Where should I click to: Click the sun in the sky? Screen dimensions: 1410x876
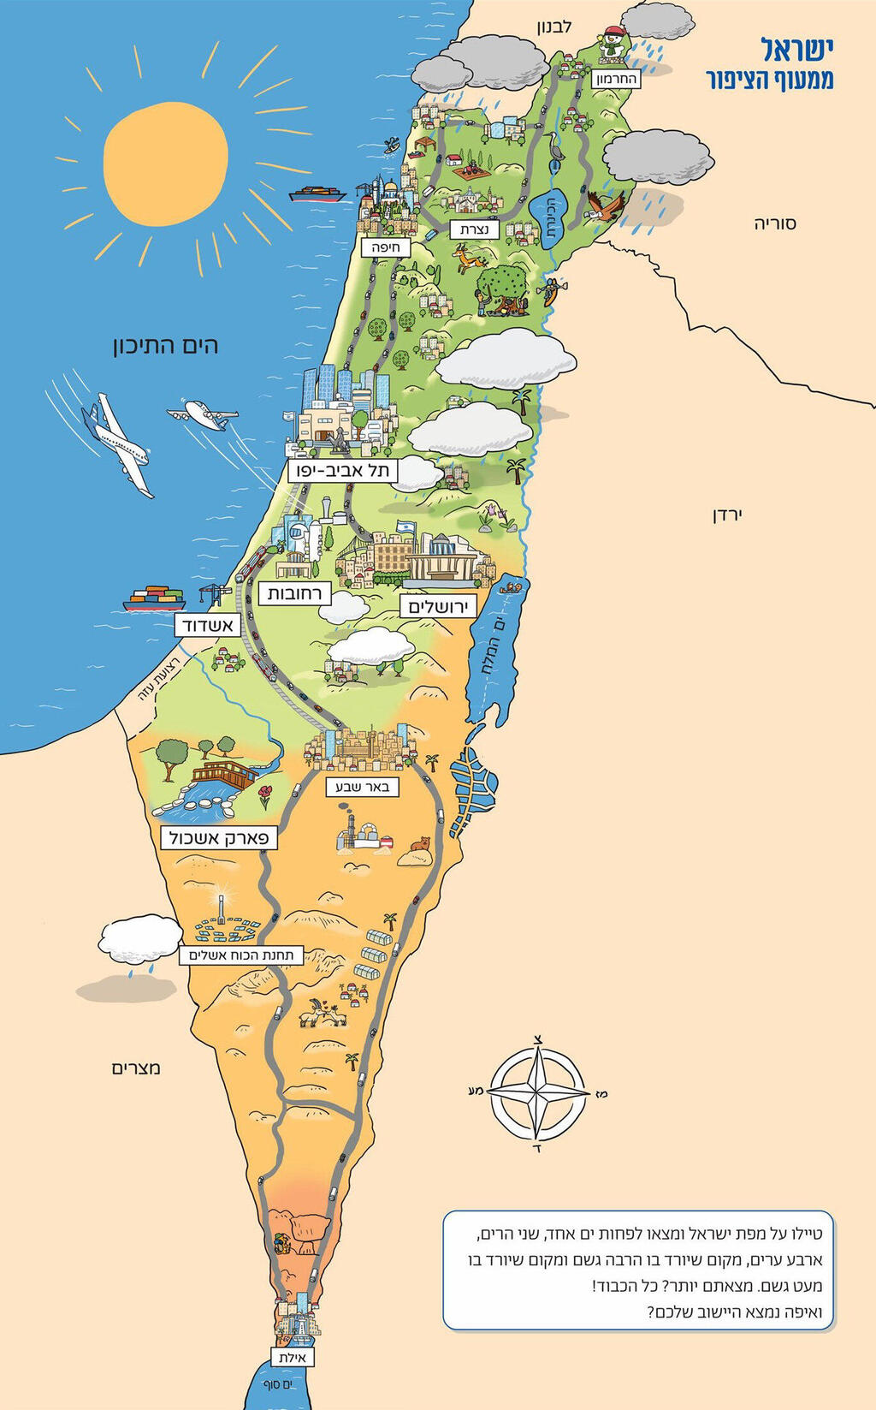point(165,163)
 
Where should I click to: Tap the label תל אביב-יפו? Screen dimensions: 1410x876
point(342,471)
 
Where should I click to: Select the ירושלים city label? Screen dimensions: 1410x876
point(438,607)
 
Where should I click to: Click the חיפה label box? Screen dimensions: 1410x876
point(386,247)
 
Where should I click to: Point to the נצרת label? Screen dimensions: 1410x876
point(474,229)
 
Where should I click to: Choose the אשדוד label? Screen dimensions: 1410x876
point(206,626)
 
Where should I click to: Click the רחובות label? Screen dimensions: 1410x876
point(293,593)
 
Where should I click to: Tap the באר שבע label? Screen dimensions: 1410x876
point(363,787)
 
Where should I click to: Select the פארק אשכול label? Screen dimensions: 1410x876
point(219,837)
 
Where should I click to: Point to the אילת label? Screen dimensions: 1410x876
point(293,1358)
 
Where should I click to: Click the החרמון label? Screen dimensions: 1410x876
point(616,79)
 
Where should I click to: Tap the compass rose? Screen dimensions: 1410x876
point(537,1093)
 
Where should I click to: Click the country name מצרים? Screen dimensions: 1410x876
point(136,1068)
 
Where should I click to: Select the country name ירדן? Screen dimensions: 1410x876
point(727,515)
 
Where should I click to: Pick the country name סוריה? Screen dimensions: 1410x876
point(774,223)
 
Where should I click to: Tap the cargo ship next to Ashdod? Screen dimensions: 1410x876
point(154,598)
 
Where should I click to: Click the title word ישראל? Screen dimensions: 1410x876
point(796,50)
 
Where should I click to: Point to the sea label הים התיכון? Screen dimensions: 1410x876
point(165,345)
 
